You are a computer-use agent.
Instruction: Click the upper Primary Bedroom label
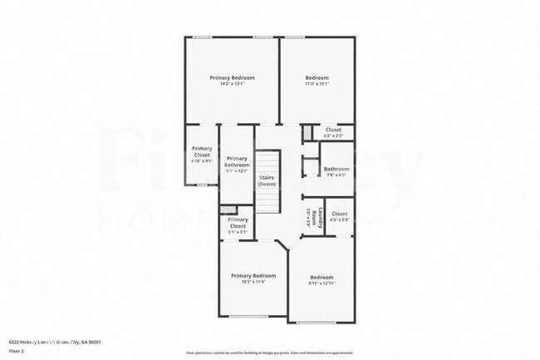click(232, 77)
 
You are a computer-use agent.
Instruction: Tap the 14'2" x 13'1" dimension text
click(232, 84)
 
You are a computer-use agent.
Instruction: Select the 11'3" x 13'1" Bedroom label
click(317, 77)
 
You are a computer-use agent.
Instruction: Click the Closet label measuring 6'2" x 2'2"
click(333, 130)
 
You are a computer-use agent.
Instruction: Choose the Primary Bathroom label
click(237, 161)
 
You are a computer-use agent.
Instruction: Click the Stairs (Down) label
click(267, 180)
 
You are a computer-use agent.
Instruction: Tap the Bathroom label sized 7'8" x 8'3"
click(336, 170)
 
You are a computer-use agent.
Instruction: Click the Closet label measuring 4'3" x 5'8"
click(339, 214)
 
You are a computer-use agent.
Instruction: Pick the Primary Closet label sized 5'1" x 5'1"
click(238, 223)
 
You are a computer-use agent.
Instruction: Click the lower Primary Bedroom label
click(253, 275)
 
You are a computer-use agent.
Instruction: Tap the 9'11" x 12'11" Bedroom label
click(321, 277)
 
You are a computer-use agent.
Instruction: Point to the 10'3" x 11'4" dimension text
click(253, 282)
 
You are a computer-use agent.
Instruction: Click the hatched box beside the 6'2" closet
click(306, 133)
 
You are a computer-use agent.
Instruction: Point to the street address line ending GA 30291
click(65, 341)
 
